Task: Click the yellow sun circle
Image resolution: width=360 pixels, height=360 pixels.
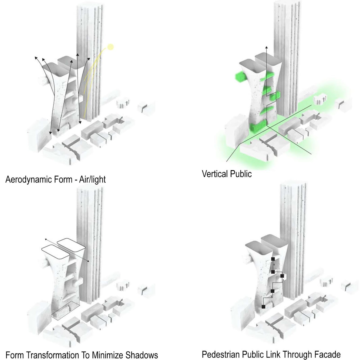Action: coord(110,47)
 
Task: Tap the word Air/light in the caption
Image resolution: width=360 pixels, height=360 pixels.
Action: coord(92,179)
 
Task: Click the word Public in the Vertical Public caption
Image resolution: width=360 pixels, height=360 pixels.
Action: coord(242,174)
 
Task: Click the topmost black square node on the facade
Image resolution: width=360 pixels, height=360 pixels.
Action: coord(273,259)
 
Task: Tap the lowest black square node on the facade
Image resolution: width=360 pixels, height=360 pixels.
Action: coord(263,307)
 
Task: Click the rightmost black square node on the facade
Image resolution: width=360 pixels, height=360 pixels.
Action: coord(282,276)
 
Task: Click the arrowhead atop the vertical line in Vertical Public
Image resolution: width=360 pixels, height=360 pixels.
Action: coord(266,48)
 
